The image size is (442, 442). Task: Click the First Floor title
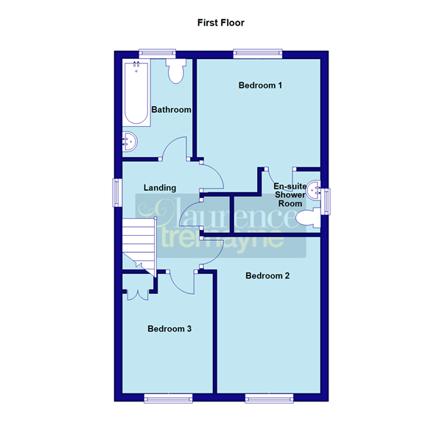(x=220, y=23)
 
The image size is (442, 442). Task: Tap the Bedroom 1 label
(x=260, y=85)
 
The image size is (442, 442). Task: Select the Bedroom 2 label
(x=267, y=276)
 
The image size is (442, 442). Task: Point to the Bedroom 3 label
(x=169, y=329)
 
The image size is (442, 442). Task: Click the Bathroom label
(x=171, y=110)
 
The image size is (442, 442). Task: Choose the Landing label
(x=159, y=188)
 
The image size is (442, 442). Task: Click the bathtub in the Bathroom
(x=136, y=92)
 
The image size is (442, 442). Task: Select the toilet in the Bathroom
(x=177, y=71)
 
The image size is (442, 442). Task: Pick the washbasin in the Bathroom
(x=129, y=142)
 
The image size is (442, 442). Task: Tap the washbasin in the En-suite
(x=314, y=190)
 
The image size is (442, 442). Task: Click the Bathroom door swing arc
(x=174, y=147)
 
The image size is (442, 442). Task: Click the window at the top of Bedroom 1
(x=251, y=52)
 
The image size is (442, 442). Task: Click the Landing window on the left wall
(x=116, y=193)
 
